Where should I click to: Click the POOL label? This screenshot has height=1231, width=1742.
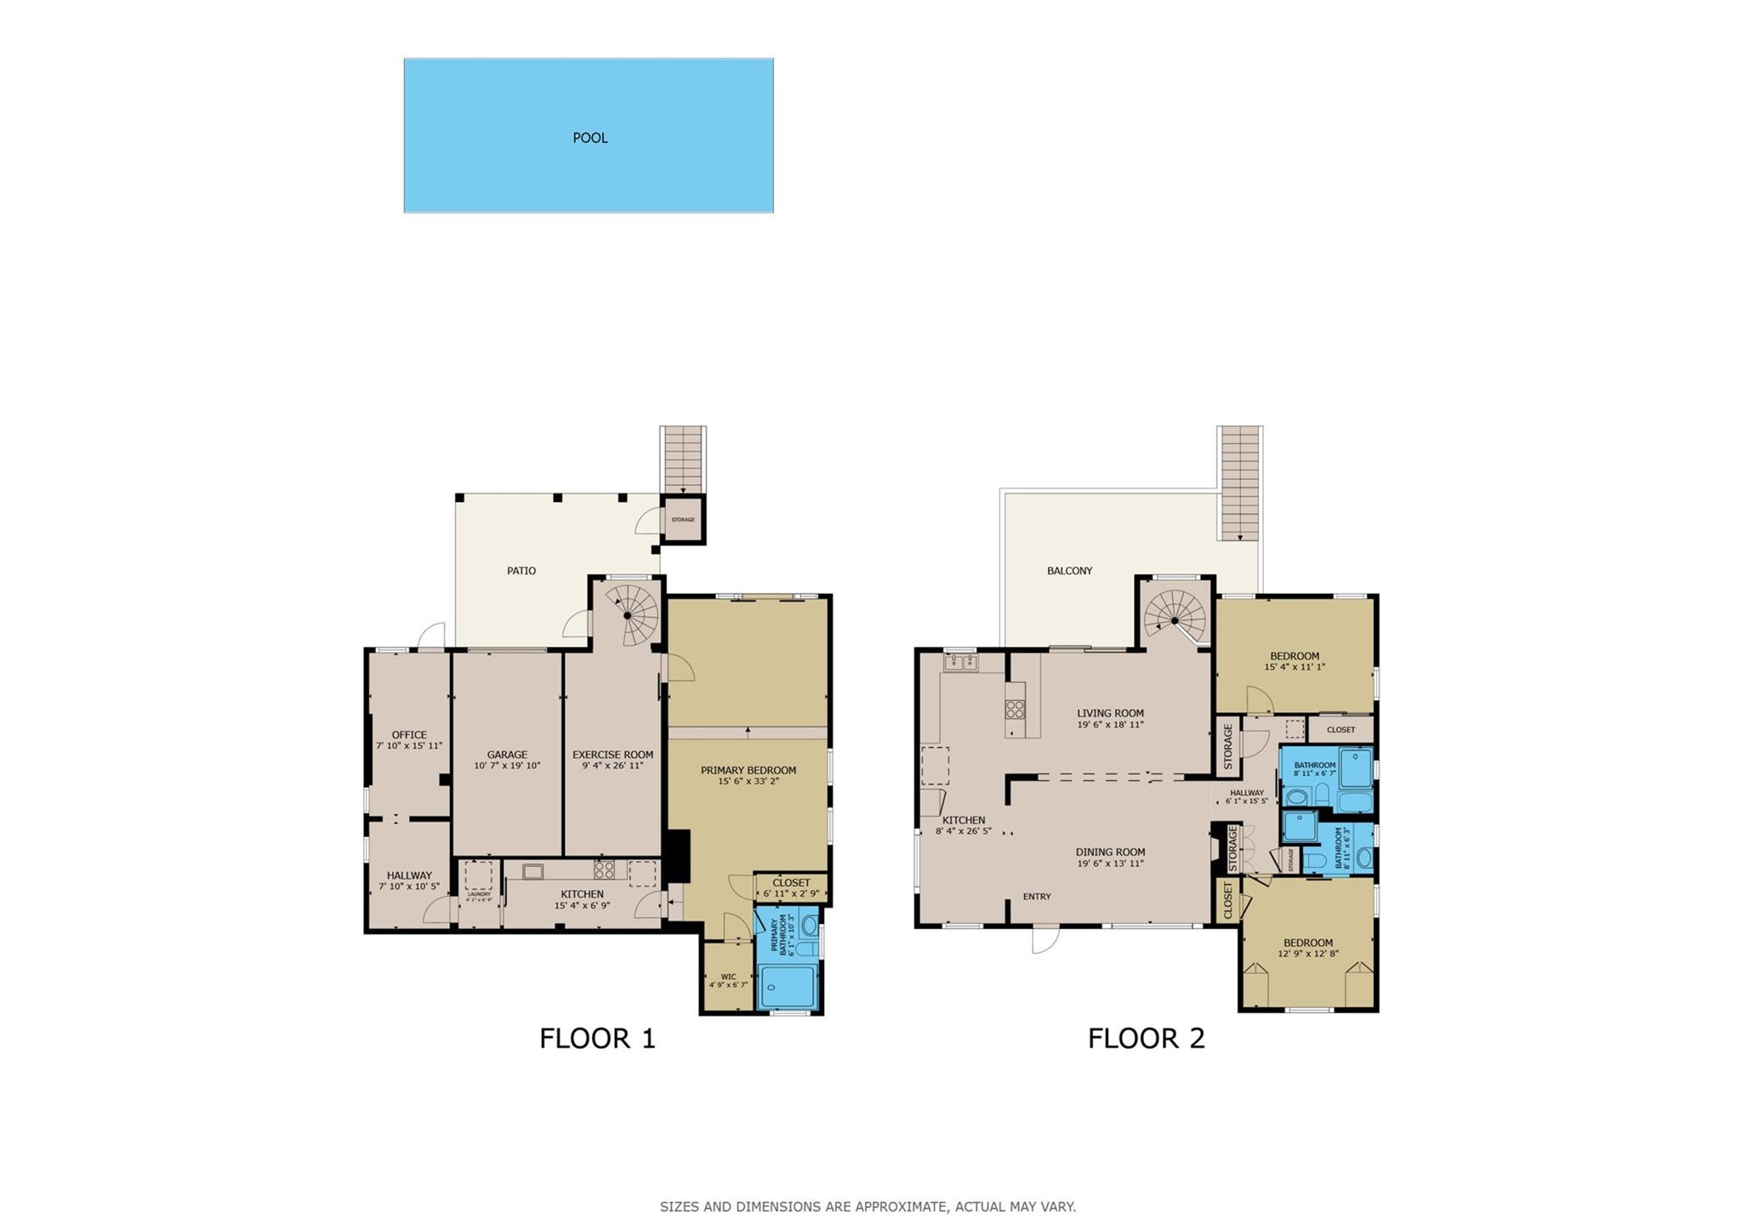[589, 138]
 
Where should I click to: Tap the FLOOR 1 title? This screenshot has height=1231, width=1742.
[597, 1039]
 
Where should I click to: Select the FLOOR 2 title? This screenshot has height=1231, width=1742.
[1146, 1039]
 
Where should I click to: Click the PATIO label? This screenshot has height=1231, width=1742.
[521, 571]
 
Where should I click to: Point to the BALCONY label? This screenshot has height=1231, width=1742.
[1069, 571]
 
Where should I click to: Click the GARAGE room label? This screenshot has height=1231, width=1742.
[507, 755]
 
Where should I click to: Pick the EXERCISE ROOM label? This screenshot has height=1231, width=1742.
[612, 755]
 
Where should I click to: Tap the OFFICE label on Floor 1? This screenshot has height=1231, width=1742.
[409, 735]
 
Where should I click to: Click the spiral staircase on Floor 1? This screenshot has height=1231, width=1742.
[628, 614]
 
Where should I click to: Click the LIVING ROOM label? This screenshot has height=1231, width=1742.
[1110, 714]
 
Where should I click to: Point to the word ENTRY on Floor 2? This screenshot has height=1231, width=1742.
[1037, 897]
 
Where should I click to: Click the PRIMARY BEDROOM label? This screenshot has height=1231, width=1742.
[748, 771]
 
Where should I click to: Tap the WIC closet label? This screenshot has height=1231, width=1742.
[728, 977]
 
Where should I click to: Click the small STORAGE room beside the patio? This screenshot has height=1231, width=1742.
[683, 520]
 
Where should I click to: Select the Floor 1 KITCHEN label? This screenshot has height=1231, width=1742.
[582, 894]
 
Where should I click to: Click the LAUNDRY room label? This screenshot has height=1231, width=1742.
[479, 894]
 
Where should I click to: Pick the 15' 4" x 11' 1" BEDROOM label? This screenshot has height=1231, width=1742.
[1295, 656]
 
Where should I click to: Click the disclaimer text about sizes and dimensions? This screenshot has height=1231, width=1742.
[868, 1206]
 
